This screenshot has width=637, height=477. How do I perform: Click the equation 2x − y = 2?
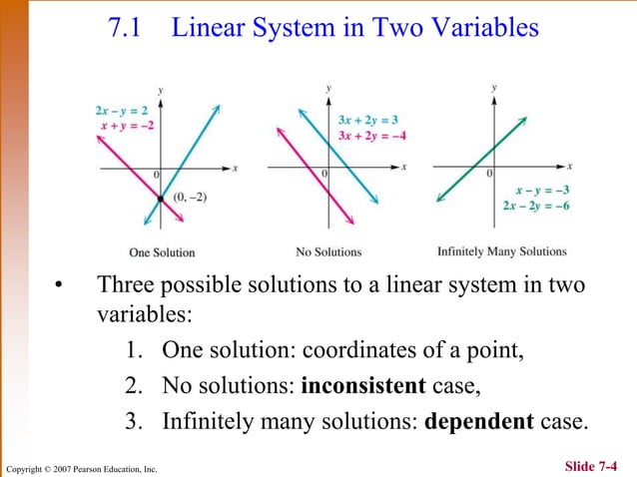point(122,110)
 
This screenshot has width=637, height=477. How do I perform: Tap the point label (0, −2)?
point(189,199)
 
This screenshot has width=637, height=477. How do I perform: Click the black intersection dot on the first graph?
point(160,200)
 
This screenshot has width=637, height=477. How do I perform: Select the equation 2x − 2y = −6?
point(536,206)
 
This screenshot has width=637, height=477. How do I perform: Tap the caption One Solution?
point(162,252)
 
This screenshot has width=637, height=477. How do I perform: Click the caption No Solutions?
point(328,252)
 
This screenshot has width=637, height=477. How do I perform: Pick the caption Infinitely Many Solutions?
point(501,251)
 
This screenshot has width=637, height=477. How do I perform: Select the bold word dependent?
point(478,420)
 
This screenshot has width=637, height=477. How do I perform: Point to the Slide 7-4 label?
point(597,465)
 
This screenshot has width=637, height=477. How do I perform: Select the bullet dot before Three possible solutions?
point(59,289)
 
